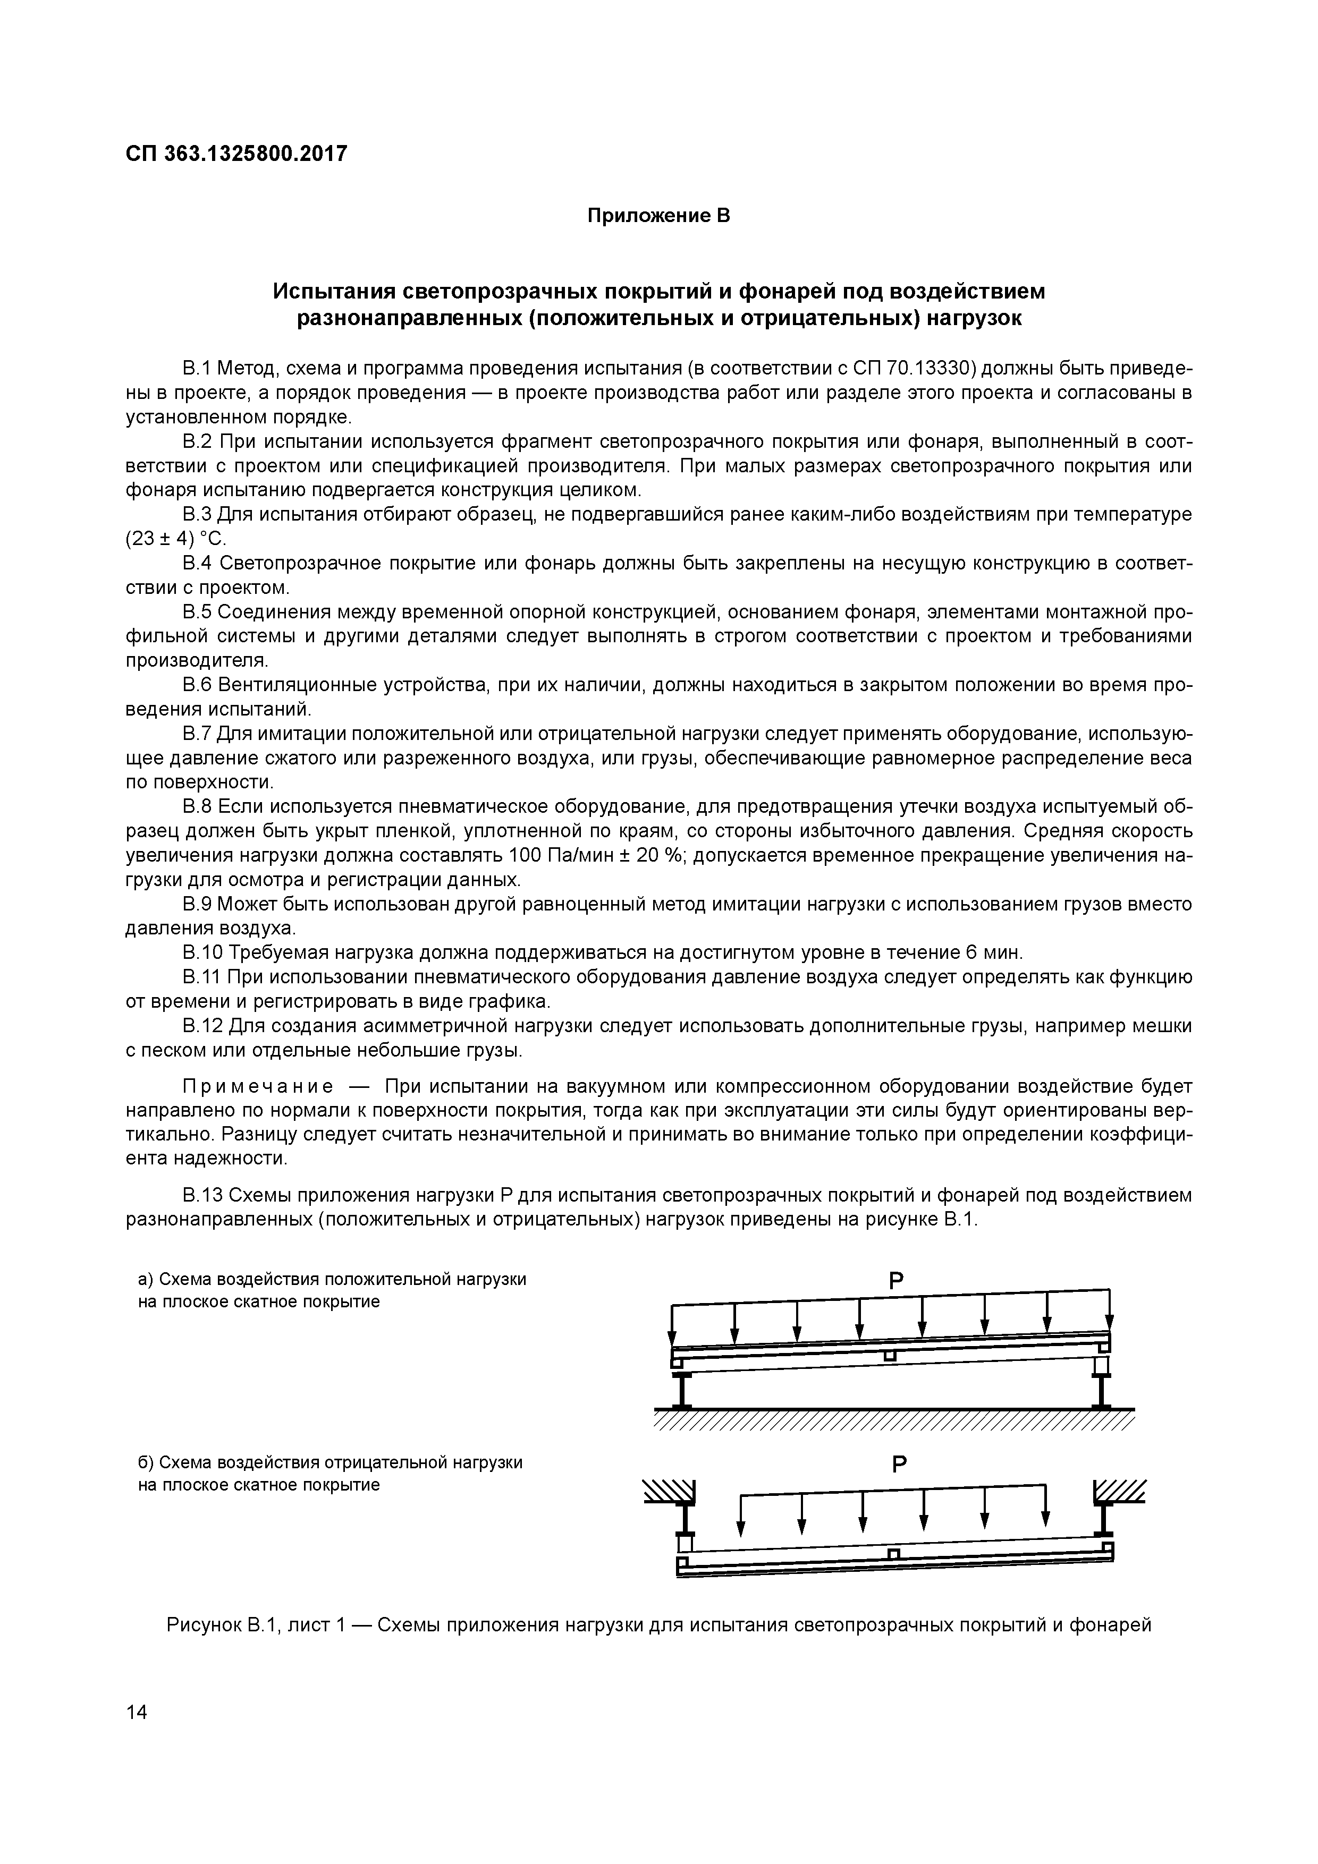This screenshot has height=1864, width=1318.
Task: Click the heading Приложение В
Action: [x=658, y=216]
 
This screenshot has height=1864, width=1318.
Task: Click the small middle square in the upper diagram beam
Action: [x=891, y=1356]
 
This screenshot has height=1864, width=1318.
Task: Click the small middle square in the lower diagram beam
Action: [x=894, y=1554]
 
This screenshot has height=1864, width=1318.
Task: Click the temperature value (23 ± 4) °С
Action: [x=177, y=540]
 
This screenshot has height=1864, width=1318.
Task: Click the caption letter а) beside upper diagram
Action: [x=146, y=1280]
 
